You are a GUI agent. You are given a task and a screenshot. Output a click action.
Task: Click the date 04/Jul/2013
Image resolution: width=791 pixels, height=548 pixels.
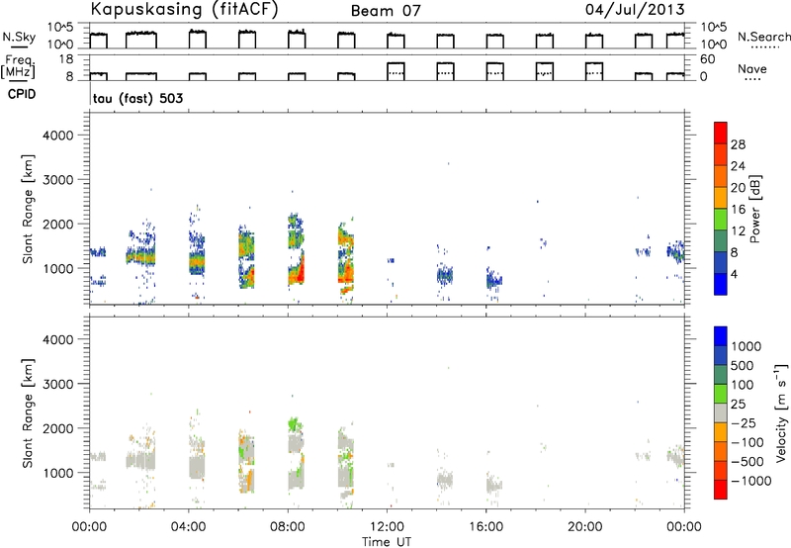point(635,10)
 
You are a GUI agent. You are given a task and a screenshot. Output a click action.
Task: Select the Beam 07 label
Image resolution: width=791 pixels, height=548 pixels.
point(386,11)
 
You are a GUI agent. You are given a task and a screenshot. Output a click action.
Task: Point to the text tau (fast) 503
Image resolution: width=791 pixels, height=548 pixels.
point(138,98)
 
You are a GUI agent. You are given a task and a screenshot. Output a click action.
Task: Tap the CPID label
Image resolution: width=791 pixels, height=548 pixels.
point(22,94)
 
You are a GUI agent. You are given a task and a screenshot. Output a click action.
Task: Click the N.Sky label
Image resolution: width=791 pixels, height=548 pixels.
point(19,36)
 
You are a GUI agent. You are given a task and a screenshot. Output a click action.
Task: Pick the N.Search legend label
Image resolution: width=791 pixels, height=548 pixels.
point(763,37)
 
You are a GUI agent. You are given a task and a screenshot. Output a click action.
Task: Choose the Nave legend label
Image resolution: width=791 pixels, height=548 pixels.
point(752,68)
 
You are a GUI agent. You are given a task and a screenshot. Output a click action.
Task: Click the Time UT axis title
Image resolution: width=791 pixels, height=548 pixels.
point(387,541)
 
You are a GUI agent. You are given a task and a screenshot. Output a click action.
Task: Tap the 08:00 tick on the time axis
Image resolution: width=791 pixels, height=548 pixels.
point(288,527)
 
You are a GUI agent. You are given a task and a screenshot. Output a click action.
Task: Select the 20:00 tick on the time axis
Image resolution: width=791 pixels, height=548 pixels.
point(585,527)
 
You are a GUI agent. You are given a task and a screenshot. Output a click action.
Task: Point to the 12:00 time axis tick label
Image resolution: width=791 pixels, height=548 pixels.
point(387,527)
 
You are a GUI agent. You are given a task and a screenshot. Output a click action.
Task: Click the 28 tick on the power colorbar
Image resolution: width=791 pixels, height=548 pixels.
point(738,144)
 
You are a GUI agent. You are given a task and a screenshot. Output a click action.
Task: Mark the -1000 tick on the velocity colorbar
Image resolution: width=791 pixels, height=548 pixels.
point(751,481)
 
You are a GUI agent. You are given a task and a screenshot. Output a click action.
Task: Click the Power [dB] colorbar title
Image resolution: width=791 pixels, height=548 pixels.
point(754,209)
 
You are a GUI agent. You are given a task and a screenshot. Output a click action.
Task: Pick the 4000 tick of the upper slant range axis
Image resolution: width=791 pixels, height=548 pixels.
point(57,136)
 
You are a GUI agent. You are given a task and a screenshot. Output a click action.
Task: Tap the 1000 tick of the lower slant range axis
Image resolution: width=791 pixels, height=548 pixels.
point(57,473)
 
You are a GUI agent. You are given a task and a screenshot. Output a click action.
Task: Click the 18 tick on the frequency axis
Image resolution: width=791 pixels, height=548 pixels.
point(66,59)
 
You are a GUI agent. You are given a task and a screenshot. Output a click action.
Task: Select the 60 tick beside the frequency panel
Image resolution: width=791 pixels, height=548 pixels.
point(708,59)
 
